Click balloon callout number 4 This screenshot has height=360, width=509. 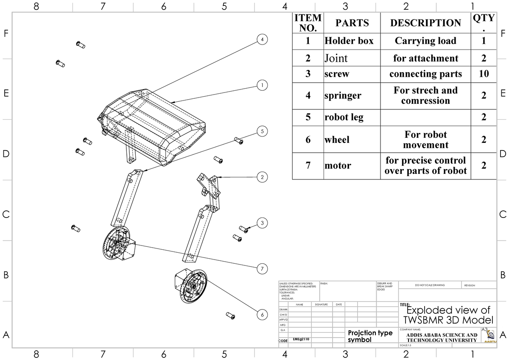pos(263,39)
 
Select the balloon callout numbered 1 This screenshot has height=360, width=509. pos(263,85)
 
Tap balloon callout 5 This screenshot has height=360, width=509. pos(263,131)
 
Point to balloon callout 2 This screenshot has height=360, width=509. pos(263,177)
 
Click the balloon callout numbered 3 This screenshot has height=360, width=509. pos(263,223)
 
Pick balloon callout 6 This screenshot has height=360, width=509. pos(263,315)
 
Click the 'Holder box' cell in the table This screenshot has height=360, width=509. pos(349,41)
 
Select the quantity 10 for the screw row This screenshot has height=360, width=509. pos(484,74)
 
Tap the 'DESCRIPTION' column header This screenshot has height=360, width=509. pos(425,23)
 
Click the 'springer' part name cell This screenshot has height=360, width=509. pos(343,96)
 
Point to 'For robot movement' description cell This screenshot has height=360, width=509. pos(425,140)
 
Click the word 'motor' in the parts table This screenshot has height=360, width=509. pos(338,166)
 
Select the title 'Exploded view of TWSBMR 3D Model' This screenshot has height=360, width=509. pos(448,315)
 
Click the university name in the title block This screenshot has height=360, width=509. pos(441,338)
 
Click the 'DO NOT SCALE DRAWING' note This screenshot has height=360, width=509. pos(430,285)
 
